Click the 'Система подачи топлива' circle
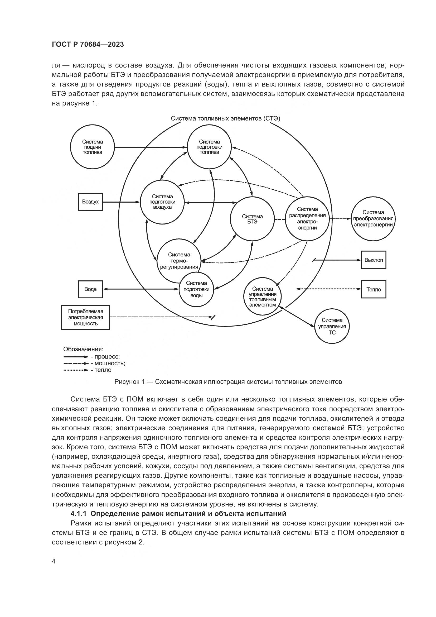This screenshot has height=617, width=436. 92,147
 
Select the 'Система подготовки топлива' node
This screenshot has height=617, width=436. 209,147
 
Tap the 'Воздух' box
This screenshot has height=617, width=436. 90,202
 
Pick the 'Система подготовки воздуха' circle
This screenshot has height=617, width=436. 162,202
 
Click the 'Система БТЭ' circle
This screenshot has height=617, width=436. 252,219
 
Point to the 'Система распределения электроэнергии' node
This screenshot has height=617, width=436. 307,218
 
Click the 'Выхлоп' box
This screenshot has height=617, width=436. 374,260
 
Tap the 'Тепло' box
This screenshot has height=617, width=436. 374,289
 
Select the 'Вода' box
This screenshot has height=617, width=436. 90,289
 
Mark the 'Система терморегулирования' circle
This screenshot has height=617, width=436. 179,261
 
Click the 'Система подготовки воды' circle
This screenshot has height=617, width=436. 197,289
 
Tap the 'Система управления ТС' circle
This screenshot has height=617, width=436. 332,326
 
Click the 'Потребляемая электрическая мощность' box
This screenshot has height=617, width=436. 85,317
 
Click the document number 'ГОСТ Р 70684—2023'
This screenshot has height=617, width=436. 88,45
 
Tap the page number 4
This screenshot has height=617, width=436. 54,561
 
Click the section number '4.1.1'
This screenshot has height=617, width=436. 78,514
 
